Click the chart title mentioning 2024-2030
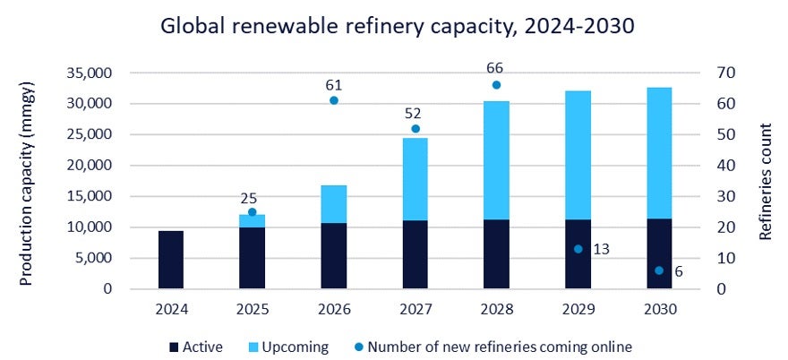point(397,27)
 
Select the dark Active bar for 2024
point(171,260)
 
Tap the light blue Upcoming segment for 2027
point(415,179)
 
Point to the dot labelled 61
point(334,100)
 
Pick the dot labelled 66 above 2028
point(496,85)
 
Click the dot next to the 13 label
point(578,249)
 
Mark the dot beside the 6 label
point(659,270)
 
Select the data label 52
point(415,114)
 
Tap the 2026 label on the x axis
point(334,309)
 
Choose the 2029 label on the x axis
point(578,309)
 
